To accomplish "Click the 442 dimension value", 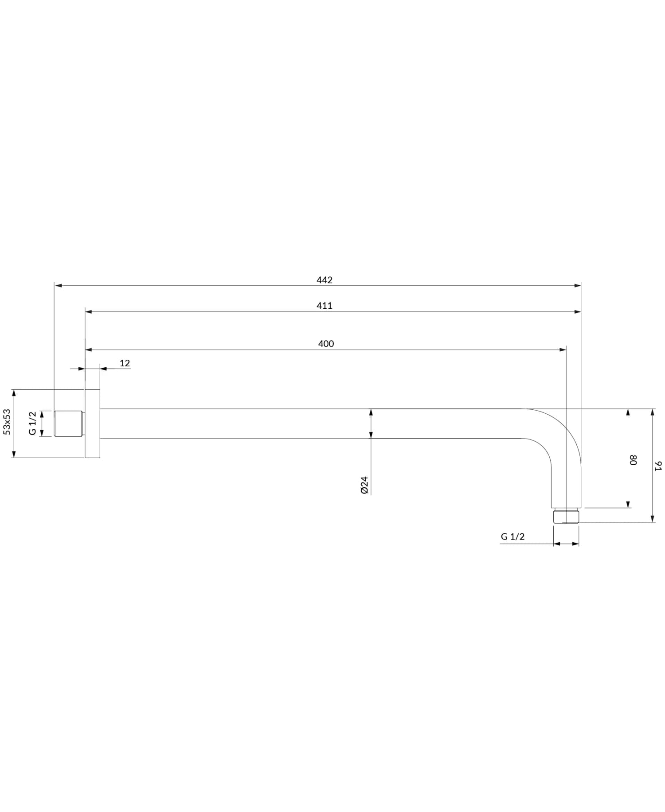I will click(325, 280).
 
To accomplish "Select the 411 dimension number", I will click(325, 306).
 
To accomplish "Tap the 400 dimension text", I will click(326, 344).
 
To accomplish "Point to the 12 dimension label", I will click(125, 363).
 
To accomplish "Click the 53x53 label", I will click(7, 422).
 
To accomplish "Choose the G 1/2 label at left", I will click(32, 423).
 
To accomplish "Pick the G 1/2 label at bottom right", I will click(512, 536).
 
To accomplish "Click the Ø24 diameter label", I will click(365, 485).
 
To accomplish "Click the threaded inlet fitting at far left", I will click(68, 423).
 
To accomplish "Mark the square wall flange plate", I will click(92, 423).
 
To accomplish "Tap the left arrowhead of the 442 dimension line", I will click(58, 286).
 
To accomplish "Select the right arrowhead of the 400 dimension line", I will click(563, 350).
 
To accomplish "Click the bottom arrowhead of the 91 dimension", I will click(652, 519).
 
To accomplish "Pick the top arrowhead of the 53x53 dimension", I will click(14, 393).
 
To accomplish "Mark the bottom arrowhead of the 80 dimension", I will click(628, 504).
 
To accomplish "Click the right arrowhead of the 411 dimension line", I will click(577, 312).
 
